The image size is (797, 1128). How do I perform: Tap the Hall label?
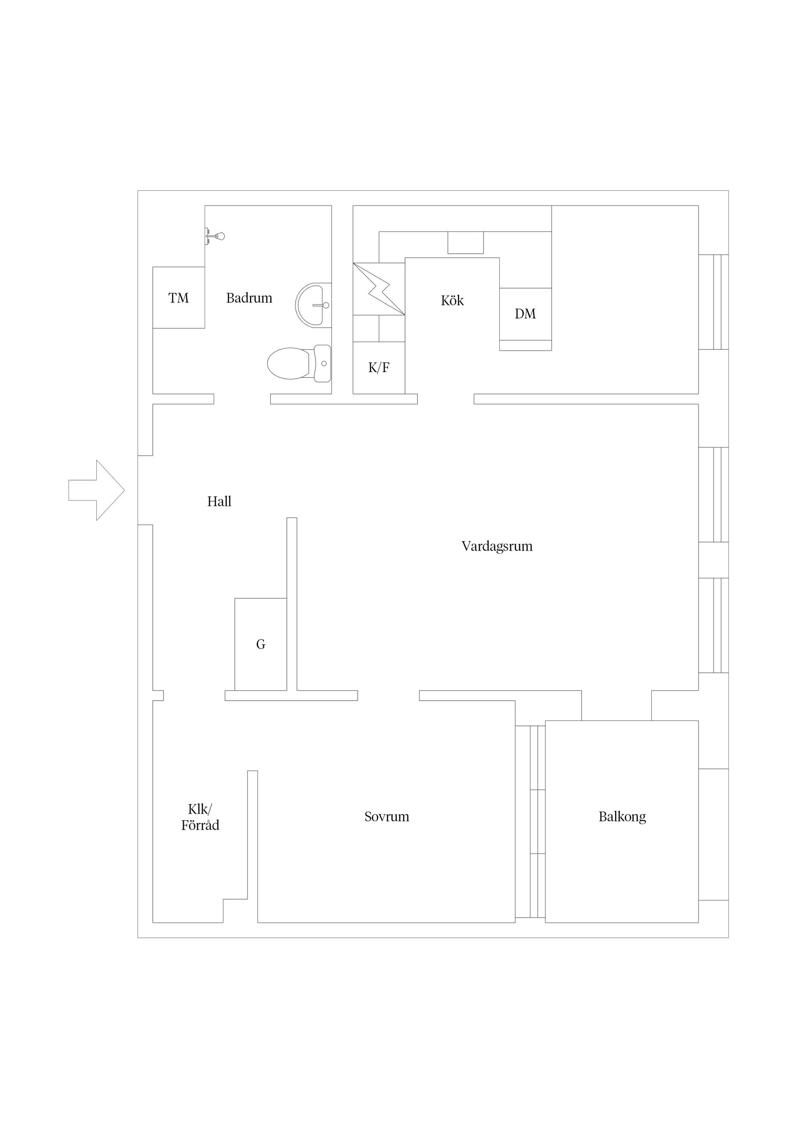click(x=219, y=502)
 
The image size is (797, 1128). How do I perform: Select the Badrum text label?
click(x=249, y=298)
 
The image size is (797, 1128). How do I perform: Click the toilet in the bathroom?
click(x=298, y=363)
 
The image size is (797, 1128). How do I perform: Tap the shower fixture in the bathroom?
click(x=215, y=236)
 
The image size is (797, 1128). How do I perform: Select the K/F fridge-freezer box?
click(x=379, y=368)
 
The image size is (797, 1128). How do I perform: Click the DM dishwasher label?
click(x=526, y=314)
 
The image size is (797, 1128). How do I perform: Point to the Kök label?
click(x=452, y=301)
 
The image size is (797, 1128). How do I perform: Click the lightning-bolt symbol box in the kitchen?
click(x=379, y=289)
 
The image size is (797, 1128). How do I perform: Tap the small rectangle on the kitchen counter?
click(x=465, y=243)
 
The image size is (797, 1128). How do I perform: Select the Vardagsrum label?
click(x=497, y=546)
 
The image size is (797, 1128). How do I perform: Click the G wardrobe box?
click(x=261, y=644)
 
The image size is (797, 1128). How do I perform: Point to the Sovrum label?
click(x=387, y=817)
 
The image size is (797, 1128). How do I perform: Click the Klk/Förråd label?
click(x=200, y=817)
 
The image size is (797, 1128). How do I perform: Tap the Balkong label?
click(x=622, y=817)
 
